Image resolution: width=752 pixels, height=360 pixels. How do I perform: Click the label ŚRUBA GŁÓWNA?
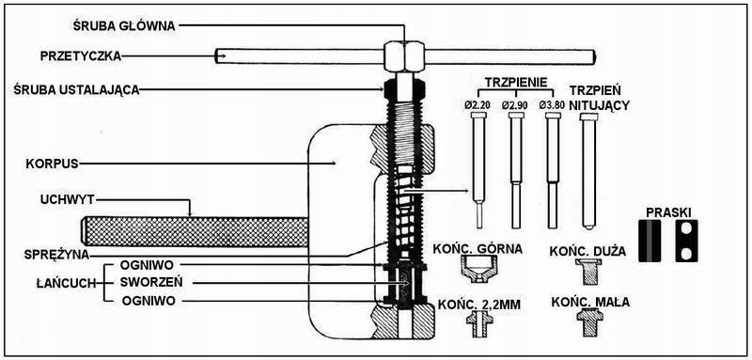click(x=124, y=26)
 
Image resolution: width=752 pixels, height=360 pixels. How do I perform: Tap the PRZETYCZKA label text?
click(x=81, y=56)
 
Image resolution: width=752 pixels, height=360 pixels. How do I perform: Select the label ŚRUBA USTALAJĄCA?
click(x=89, y=89)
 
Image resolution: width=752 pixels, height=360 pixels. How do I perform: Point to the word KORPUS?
click(x=53, y=164)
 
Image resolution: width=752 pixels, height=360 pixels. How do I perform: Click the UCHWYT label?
click(x=67, y=200)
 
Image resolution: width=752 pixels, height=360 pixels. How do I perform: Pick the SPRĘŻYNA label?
click(x=57, y=255)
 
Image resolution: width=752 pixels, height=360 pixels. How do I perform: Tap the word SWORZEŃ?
click(x=151, y=282)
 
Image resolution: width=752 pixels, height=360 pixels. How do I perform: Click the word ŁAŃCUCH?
click(x=67, y=283)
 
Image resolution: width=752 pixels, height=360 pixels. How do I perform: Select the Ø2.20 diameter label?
click(x=478, y=105)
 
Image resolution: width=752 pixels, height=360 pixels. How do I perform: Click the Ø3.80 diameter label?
click(x=552, y=105)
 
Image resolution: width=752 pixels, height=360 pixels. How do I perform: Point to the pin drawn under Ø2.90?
click(x=516, y=170)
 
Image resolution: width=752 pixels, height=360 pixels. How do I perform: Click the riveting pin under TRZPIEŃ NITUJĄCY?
click(x=589, y=171)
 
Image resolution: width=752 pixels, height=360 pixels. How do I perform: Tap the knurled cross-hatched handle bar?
click(x=195, y=232)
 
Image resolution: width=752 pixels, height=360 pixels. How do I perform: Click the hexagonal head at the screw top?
click(x=404, y=56)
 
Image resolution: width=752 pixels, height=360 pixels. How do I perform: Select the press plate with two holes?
click(x=687, y=241)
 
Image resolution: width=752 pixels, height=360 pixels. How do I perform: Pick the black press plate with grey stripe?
click(x=650, y=241)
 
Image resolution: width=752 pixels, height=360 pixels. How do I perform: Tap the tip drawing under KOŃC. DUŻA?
click(x=589, y=272)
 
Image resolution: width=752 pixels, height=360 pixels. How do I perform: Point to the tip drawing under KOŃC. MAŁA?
click(x=590, y=322)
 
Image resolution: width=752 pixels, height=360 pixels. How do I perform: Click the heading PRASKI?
click(x=668, y=211)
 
